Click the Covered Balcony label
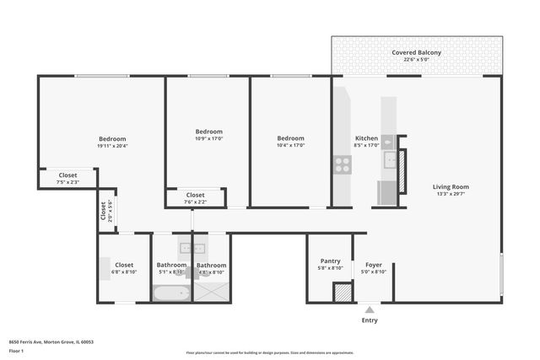(416, 52)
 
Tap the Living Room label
(451, 186)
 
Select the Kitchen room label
(366, 137)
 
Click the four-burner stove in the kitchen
(342, 164)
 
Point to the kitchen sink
(389, 159)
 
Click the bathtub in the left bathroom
(171, 293)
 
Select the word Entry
(370, 320)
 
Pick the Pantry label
(330, 261)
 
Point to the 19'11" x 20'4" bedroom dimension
(112, 147)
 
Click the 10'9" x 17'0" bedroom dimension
(208, 139)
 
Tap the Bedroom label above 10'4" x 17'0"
(290, 137)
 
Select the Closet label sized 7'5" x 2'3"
(67, 175)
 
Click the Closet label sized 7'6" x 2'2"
(195, 195)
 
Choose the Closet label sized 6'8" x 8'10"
(124, 265)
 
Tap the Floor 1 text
(16, 351)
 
